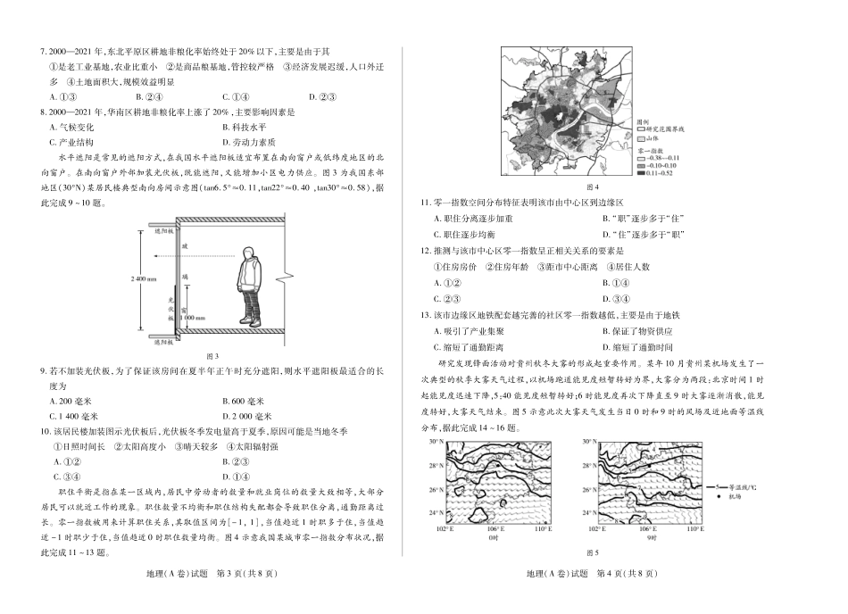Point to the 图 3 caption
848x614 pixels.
[x=212, y=355]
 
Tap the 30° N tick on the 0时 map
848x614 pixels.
[x=436, y=442]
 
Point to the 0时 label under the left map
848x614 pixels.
[x=492, y=537]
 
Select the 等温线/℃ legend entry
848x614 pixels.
[x=741, y=486]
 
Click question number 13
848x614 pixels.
[x=437, y=315]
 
